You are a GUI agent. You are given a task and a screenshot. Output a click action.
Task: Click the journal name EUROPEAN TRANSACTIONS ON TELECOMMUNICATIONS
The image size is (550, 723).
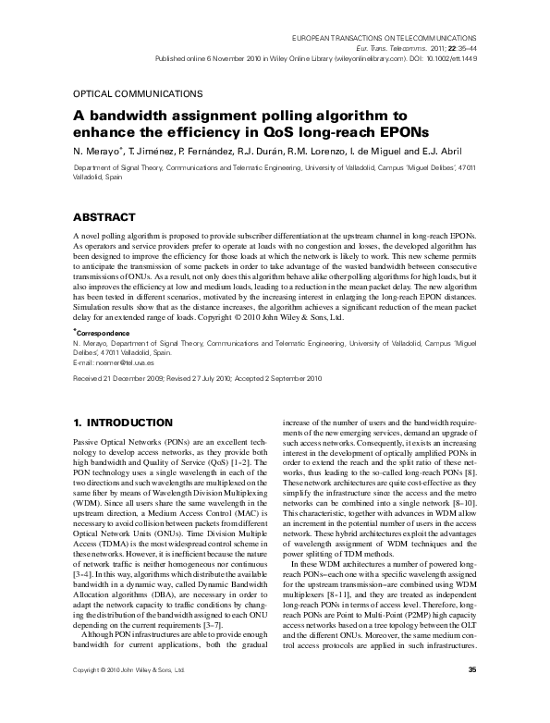(387, 32)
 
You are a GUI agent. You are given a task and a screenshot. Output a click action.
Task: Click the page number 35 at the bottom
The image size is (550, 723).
(471, 696)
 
